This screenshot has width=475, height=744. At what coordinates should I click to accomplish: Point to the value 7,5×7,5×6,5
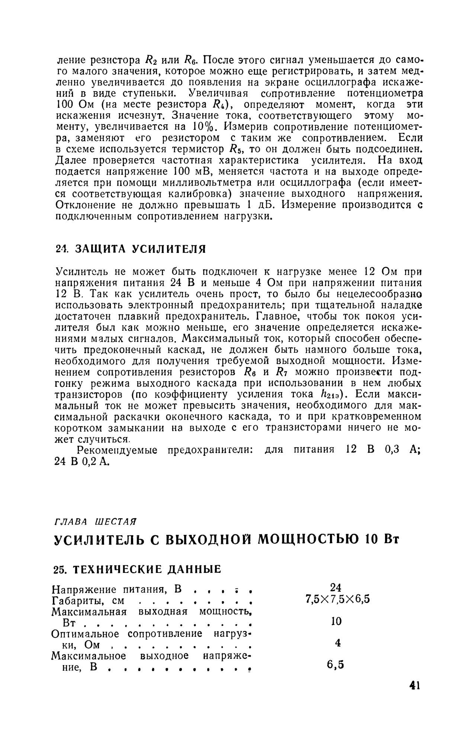(337, 600)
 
